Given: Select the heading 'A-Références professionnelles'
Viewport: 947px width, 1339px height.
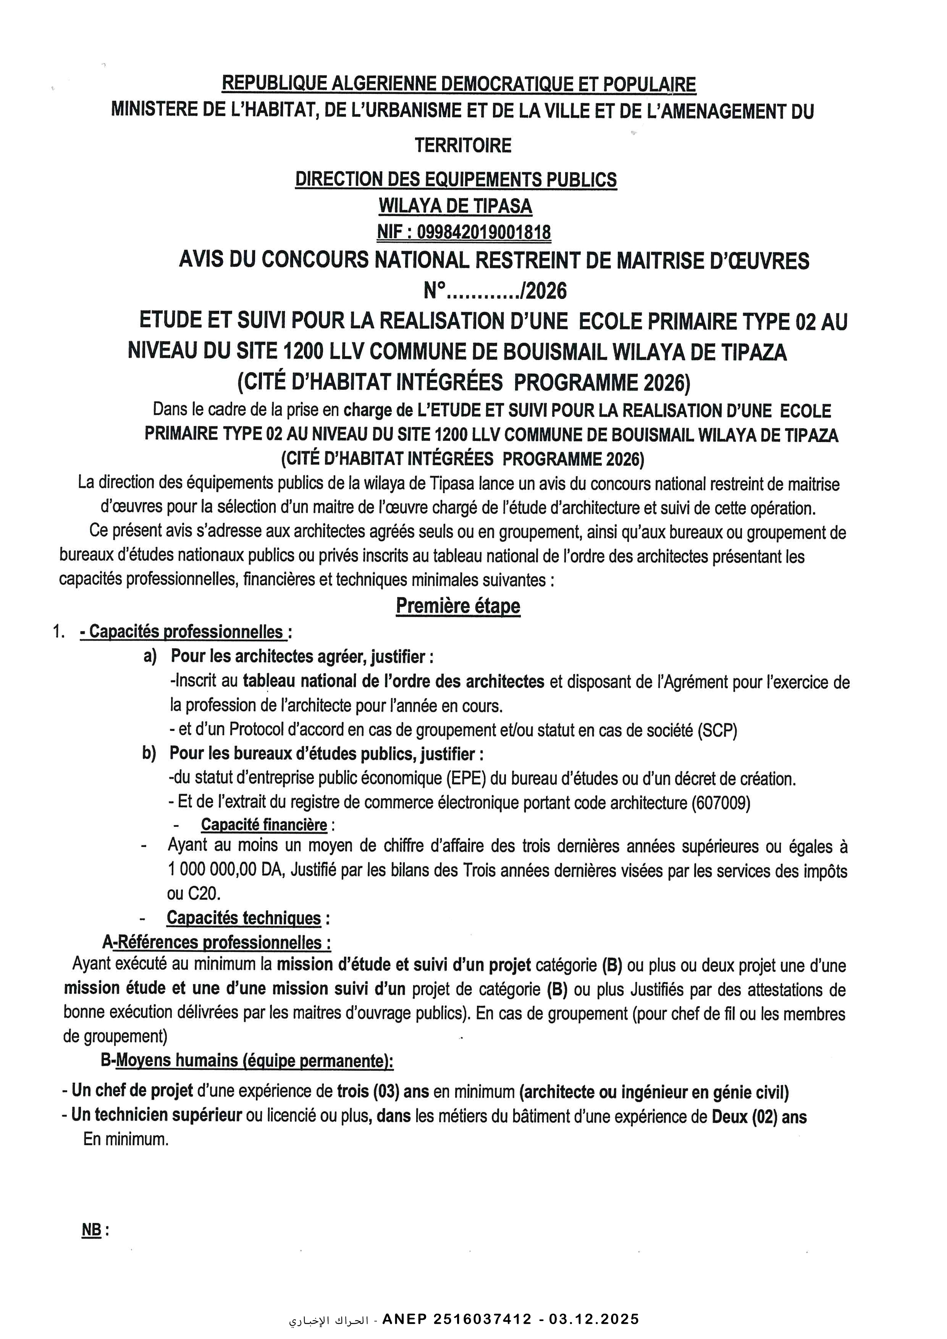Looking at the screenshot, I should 217,942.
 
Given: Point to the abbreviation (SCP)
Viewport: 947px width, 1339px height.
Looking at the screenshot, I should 717,730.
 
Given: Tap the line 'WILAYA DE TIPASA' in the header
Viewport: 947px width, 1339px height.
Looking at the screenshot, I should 455,206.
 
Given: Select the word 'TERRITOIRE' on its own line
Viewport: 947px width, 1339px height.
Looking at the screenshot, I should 463,145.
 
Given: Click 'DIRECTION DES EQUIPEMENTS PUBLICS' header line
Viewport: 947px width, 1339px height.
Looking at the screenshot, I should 456,180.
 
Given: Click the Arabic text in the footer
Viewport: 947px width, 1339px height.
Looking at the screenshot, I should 328,1320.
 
